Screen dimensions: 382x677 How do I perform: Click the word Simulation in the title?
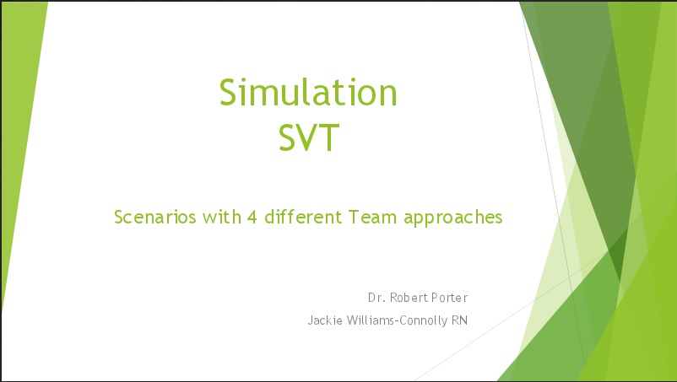pyautogui.click(x=308, y=92)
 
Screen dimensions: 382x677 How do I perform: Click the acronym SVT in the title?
pyautogui.click(x=309, y=137)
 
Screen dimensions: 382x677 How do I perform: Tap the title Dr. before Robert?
pyautogui.click(x=376, y=298)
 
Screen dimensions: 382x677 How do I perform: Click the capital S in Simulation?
pyautogui.click(x=229, y=92)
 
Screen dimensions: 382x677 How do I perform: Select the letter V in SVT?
pyautogui.click(x=309, y=137)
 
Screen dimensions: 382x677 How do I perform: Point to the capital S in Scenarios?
pyautogui.click(x=119, y=218)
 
